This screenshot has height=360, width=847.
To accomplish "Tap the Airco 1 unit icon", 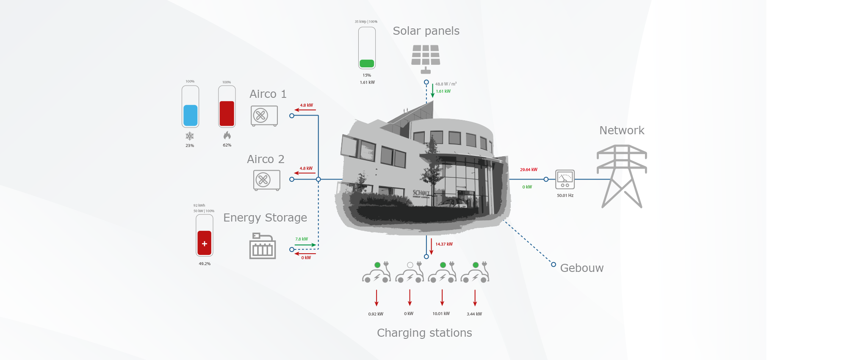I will [264, 116].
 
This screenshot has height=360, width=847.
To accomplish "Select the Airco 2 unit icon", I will [266, 180].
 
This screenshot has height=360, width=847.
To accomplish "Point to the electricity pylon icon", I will [621, 176].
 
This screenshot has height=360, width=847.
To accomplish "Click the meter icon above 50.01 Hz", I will [565, 179].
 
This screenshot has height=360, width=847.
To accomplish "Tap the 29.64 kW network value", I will [529, 169].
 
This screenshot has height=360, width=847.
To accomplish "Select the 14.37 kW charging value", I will [444, 244].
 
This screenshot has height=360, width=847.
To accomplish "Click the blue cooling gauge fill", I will [190, 115].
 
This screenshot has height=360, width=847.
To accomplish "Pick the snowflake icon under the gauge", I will [190, 136].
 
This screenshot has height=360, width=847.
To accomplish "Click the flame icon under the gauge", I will [227, 135].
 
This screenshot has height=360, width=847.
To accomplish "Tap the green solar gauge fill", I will [367, 64].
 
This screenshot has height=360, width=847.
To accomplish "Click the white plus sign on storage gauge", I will [205, 244].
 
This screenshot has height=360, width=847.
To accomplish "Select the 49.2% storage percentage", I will [205, 263].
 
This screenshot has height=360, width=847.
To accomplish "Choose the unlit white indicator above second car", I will [410, 265].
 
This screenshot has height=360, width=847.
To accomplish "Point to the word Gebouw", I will [581, 268].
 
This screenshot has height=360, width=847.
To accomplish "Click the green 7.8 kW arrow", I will [305, 245].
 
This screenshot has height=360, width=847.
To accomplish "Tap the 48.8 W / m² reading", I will [446, 84].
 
